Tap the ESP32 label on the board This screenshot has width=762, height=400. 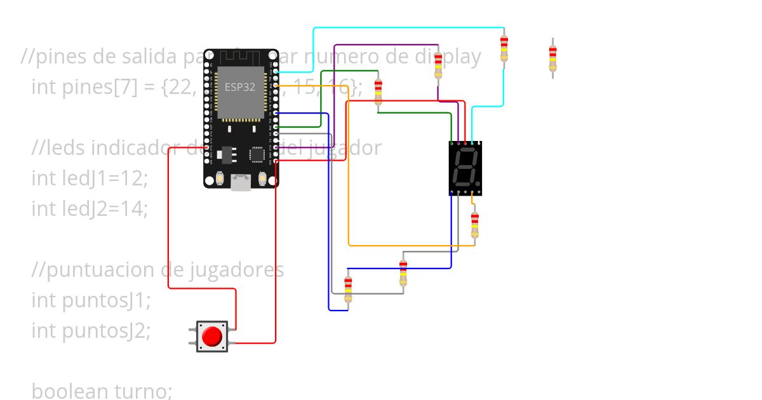240,87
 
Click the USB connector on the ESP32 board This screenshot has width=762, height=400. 241,183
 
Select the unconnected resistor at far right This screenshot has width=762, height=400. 552,58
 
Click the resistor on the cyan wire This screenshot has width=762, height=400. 504,48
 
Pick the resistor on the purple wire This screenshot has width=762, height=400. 438,66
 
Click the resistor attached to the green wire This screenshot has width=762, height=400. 378,92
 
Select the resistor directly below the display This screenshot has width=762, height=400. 474,225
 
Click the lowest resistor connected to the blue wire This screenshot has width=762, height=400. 348,289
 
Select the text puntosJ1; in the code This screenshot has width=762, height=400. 107,300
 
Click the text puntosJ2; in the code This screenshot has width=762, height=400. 107,330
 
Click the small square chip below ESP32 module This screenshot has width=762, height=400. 257,154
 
